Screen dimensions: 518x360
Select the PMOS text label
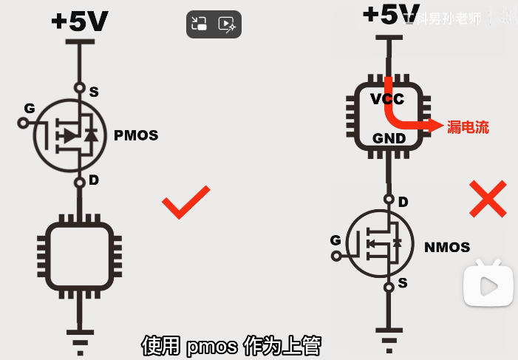[x=136, y=136]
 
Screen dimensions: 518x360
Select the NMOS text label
[x=447, y=247]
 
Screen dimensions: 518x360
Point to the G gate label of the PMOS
[x=30, y=109]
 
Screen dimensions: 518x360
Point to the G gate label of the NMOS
[x=335, y=240]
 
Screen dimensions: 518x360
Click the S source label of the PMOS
[x=94, y=92]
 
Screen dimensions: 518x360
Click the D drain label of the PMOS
[x=94, y=180]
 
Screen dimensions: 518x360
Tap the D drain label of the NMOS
[x=403, y=202]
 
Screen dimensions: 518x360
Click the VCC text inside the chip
[x=387, y=99]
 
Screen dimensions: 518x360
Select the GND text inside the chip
[x=387, y=138]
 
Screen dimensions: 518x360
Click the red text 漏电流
[x=468, y=127]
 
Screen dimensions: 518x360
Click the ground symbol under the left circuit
[x=79, y=333]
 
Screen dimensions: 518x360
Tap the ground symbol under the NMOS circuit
[x=387, y=333]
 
